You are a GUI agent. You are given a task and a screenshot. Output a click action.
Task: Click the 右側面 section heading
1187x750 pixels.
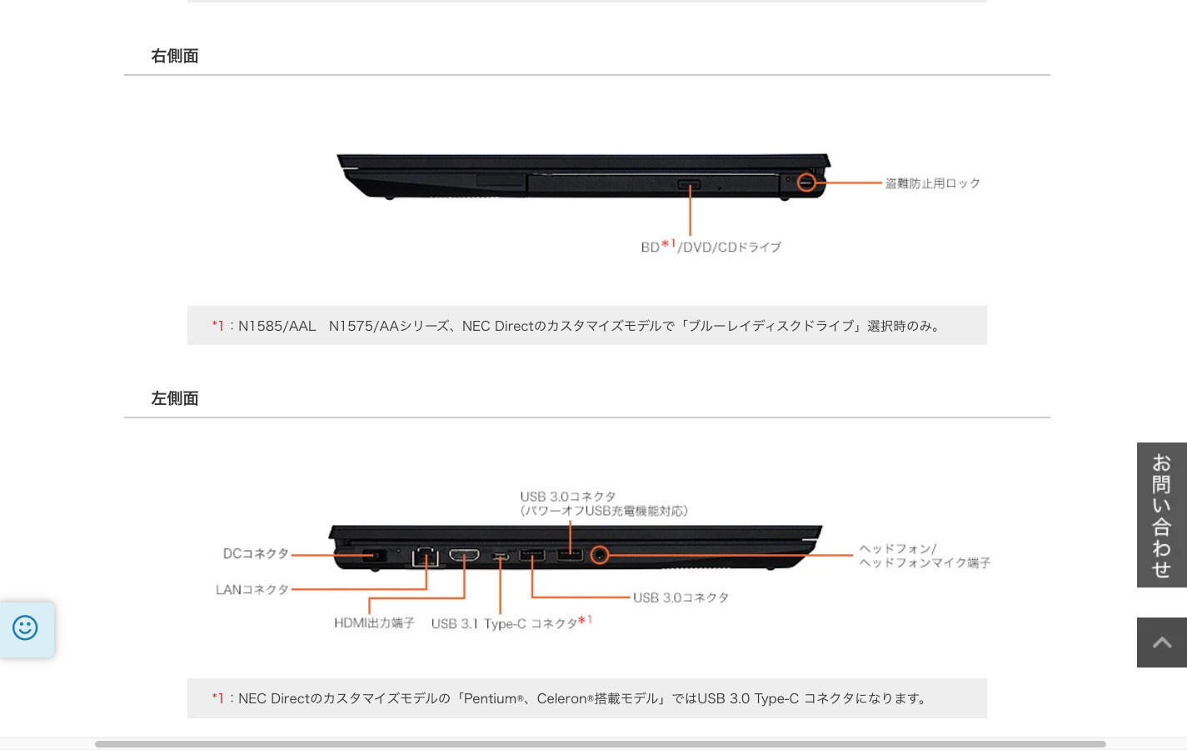click(174, 56)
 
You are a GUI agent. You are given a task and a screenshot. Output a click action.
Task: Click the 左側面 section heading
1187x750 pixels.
click(174, 398)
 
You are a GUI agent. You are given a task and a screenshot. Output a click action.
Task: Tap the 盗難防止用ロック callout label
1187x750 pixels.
click(932, 183)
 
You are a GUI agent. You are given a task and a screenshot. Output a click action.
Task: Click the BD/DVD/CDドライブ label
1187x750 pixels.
click(711, 247)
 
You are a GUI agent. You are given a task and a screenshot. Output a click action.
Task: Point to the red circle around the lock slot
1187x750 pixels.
click(806, 182)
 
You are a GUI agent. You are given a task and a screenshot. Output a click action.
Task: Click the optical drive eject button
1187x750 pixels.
click(689, 184)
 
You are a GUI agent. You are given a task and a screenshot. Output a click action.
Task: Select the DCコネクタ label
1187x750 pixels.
click(255, 553)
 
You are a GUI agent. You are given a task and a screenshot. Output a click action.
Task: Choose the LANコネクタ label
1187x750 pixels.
click(252, 589)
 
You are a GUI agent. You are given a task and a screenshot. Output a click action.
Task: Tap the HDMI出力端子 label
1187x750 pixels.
click(374, 622)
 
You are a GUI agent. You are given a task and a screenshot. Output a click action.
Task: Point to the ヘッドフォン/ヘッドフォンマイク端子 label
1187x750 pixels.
click(924, 556)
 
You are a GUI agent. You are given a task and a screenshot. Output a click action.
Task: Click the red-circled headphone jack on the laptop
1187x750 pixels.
click(599, 554)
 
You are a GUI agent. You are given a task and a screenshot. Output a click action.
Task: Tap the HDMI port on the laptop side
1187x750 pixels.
click(464, 555)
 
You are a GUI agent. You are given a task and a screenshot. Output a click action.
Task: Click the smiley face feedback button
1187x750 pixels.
click(25, 628)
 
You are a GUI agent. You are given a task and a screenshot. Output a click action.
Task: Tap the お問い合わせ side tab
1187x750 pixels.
click(1161, 515)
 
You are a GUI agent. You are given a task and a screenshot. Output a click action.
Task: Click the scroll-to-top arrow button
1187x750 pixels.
click(1161, 642)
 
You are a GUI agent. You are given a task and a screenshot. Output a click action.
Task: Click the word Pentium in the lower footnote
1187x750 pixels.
click(490, 698)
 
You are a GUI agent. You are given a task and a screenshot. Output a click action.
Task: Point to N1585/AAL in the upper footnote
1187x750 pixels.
click(277, 326)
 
